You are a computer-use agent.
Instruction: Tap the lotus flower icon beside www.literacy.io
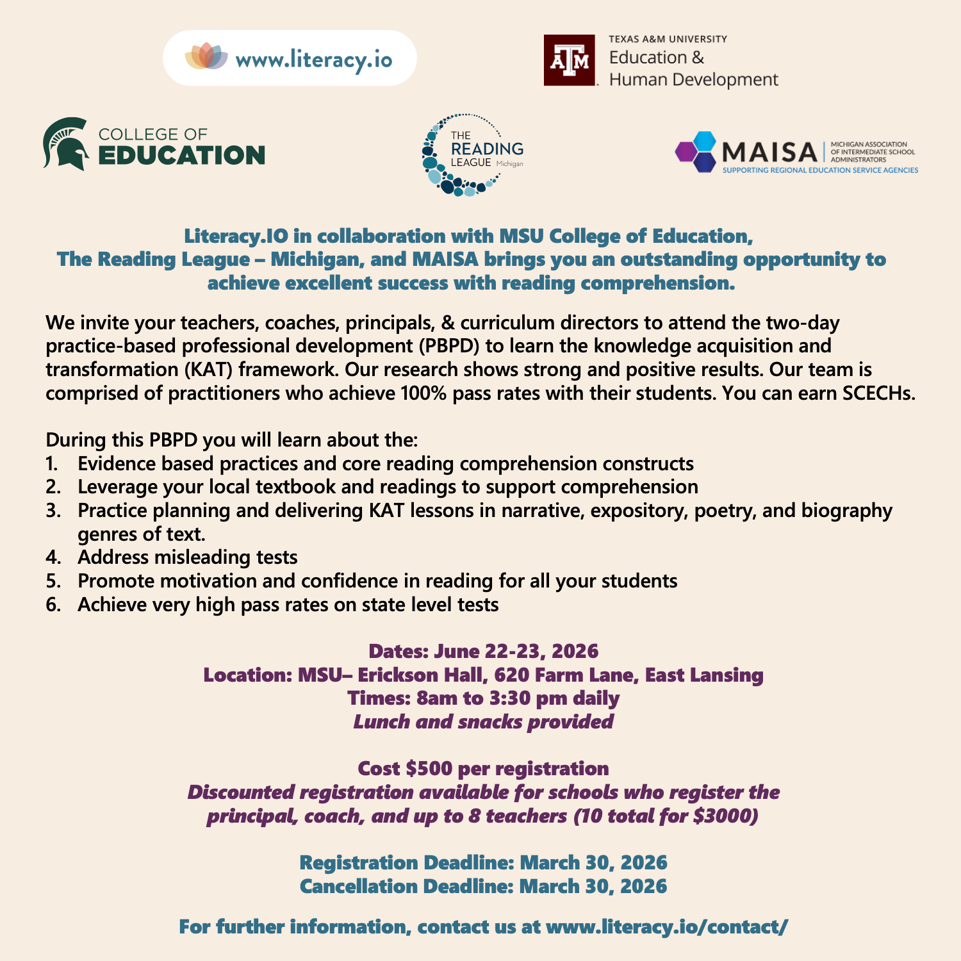(x=206, y=56)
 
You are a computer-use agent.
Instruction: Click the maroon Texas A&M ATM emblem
(x=570, y=60)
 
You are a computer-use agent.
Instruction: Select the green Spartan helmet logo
(x=66, y=144)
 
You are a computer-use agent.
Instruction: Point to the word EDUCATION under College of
(x=181, y=156)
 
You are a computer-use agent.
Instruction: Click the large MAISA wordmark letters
(x=769, y=152)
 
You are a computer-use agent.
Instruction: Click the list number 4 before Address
(x=53, y=557)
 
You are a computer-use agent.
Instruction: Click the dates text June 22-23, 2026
(x=516, y=651)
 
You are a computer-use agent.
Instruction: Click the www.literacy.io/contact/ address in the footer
(x=667, y=926)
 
